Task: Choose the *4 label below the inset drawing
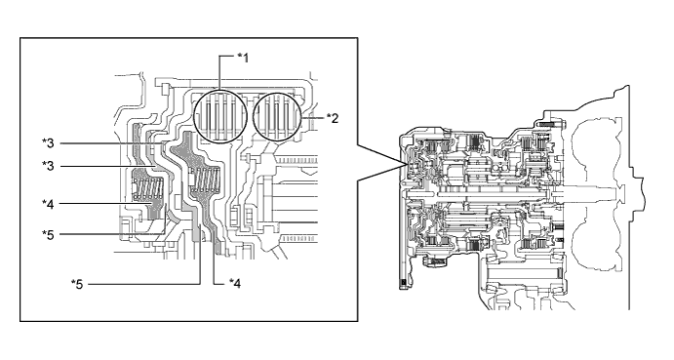tap(234, 283)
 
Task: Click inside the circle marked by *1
tap(220, 119)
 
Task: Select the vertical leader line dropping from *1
tap(219, 78)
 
